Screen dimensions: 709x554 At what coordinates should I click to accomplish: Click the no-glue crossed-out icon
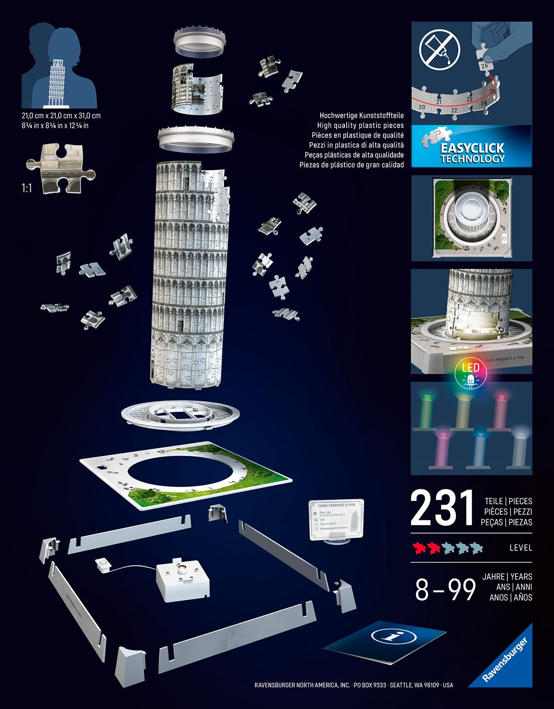tap(440, 49)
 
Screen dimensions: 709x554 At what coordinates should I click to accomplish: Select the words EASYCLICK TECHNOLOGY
tap(472, 153)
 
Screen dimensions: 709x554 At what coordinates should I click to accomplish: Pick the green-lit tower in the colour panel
tap(426, 411)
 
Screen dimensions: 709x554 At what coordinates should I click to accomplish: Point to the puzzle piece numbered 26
tap(484, 64)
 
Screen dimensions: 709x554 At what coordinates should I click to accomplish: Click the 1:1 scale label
tap(27, 188)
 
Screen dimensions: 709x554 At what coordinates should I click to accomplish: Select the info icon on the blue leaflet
tap(393, 636)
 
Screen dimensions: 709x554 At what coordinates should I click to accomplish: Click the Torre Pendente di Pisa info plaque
tap(336, 519)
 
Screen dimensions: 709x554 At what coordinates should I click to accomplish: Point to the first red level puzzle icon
tap(419, 547)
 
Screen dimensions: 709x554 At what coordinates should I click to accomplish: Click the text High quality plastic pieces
tap(360, 126)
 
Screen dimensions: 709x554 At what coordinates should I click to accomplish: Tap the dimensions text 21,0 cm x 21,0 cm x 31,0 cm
tap(61, 116)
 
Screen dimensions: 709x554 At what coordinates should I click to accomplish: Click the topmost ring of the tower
tap(200, 41)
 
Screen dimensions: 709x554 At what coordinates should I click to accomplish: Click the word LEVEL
tap(520, 547)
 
